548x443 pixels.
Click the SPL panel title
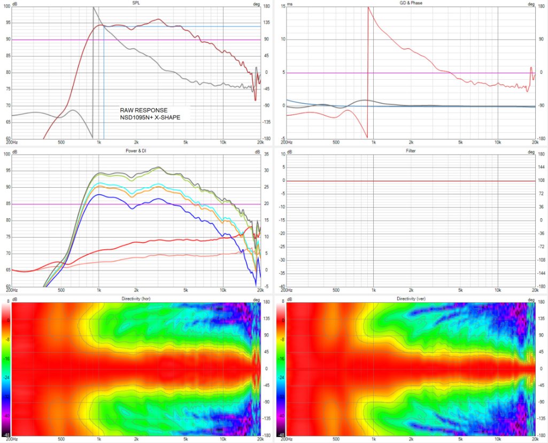(136, 4)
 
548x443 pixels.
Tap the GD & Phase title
(411, 4)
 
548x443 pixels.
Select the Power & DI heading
(136, 151)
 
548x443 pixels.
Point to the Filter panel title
(411, 151)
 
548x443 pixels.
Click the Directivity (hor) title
(136, 297)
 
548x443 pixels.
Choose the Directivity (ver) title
(411, 297)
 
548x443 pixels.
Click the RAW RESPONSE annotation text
(144, 110)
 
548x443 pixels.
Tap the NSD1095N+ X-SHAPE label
(150, 117)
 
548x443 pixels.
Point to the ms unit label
(290, 4)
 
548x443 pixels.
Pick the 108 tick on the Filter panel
(541, 181)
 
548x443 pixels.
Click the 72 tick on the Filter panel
(541, 194)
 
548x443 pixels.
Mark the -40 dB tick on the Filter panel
(282, 286)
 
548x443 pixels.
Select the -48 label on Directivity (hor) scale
(6, 434)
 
